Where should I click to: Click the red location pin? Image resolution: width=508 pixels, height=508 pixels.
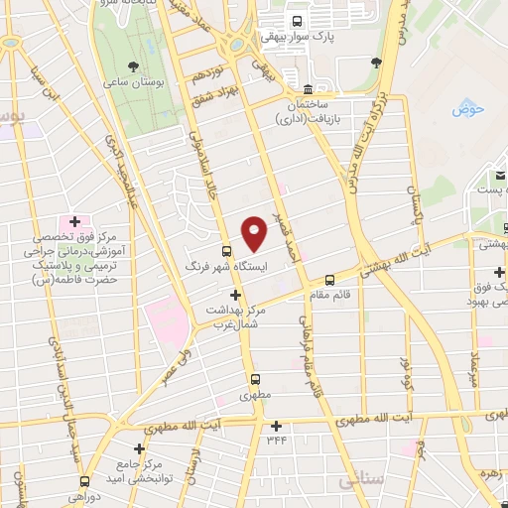(x=255, y=232)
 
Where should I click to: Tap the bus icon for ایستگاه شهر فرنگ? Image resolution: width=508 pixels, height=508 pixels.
(x=227, y=251)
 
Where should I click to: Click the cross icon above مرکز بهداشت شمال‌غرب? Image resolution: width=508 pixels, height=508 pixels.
(x=235, y=295)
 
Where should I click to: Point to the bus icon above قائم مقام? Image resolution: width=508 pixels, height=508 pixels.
(x=330, y=279)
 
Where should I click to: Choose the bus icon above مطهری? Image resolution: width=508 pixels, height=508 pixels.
(x=255, y=378)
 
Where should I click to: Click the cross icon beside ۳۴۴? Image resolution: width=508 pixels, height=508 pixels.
(x=275, y=426)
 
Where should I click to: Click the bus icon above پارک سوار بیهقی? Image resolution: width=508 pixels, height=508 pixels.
(x=298, y=20)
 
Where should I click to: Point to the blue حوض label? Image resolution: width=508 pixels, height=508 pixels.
(x=467, y=109)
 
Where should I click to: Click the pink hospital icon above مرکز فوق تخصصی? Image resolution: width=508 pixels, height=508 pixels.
(x=72, y=220)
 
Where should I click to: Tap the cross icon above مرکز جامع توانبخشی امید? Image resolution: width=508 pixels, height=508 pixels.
(x=138, y=448)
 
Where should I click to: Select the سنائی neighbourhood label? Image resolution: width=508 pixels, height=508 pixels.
(x=361, y=480)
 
